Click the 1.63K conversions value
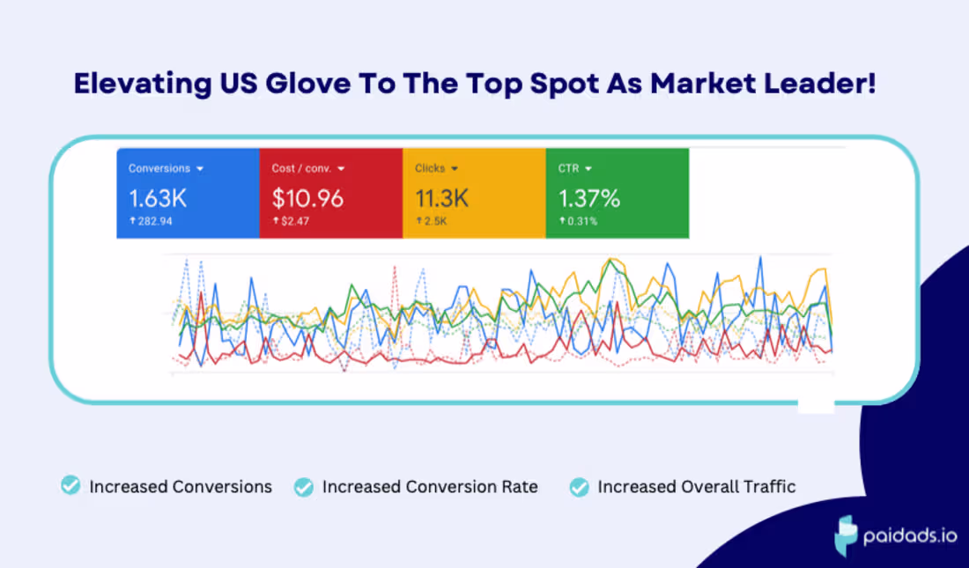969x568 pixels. (158, 198)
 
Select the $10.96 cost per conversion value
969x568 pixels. (307, 198)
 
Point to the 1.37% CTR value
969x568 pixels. (589, 198)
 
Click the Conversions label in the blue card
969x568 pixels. (159, 168)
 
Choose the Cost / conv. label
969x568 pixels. (301, 168)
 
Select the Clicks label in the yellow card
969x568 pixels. (431, 168)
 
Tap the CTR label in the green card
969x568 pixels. (568, 168)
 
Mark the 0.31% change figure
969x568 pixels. (581, 221)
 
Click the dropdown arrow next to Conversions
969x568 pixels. (200, 168)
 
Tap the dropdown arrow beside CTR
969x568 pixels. (588, 168)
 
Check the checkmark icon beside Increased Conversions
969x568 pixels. (70, 486)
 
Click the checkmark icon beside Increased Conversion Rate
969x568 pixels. (303, 487)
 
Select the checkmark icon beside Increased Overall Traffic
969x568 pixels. (579, 487)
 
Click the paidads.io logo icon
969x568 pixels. (847, 534)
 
